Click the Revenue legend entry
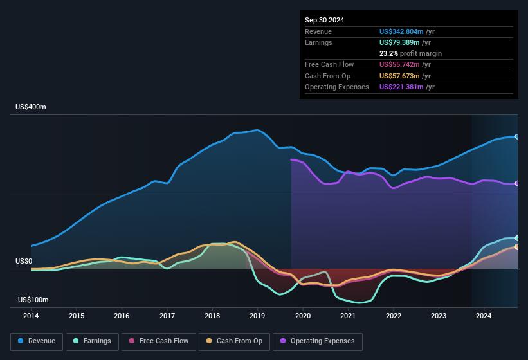tap(37, 341)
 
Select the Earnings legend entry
tap(92, 341)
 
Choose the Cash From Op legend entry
tap(234, 341)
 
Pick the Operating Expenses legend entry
tap(318, 341)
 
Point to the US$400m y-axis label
tap(31, 107)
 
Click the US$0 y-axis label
tap(24, 261)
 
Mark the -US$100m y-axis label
tap(32, 300)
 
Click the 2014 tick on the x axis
tap(31, 316)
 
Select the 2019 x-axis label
tap(257, 316)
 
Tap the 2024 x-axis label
tap(484, 316)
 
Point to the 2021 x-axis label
tap(348, 316)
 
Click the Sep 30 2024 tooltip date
tap(324, 20)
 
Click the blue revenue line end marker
tap(517, 136)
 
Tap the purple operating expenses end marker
tap(517, 183)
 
